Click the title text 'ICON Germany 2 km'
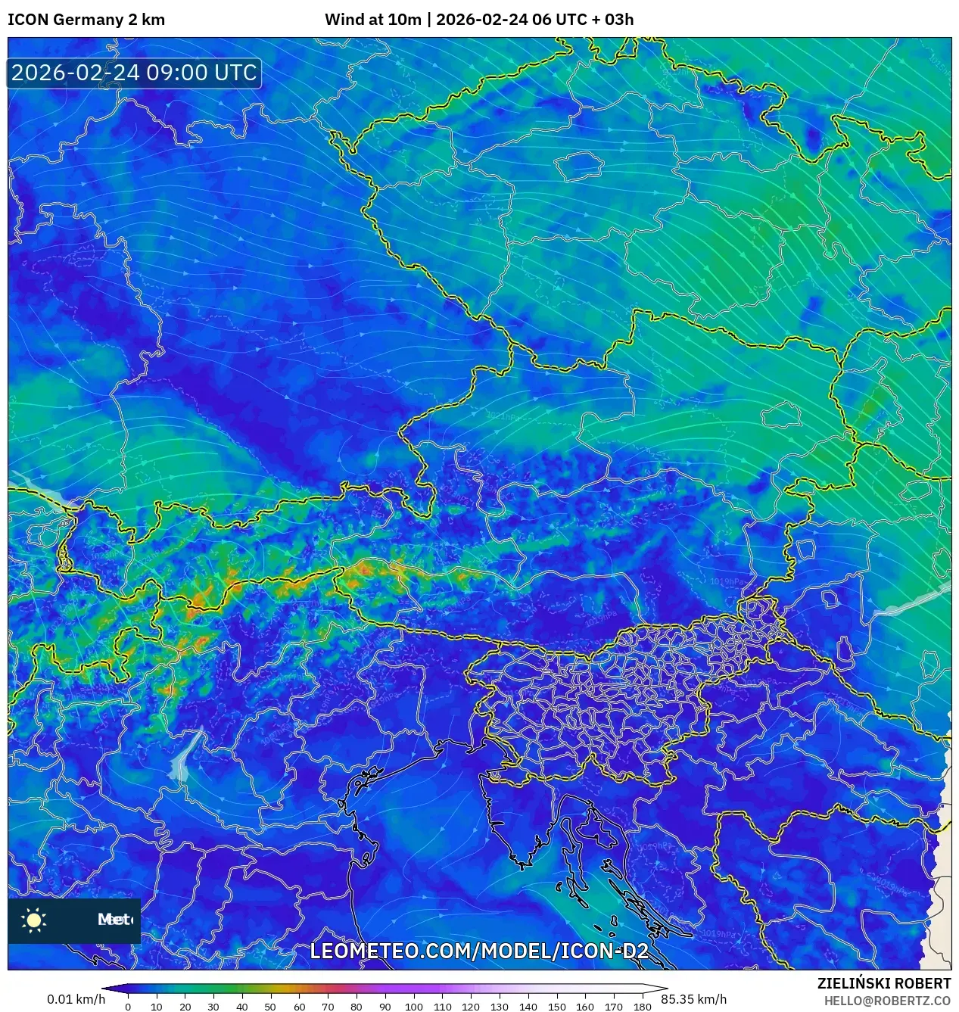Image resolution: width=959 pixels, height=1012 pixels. click(x=86, y=20)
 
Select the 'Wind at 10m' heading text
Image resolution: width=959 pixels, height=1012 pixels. click(x=372, y=20)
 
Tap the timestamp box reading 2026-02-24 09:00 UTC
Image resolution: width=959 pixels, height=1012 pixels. click(x=134, y=73)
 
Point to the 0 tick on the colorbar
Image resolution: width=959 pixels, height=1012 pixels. click(x=128, y=1006)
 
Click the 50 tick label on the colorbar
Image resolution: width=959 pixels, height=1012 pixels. click(x=270, y=1006)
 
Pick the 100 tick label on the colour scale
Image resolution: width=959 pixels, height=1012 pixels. click(x=413, y=1006)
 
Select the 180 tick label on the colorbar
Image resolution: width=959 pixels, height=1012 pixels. click(x=642, y=1006)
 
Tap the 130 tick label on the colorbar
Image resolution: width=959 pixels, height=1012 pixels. click(x=499, y=1006)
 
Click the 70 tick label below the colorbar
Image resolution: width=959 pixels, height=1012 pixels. click(x=328, y=1006)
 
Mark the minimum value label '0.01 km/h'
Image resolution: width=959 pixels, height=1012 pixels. click(x=76, y=999)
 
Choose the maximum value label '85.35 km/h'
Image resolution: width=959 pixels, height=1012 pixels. click(x=693, y=999)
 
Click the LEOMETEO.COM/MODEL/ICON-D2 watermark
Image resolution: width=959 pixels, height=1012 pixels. click(x=479, y=951)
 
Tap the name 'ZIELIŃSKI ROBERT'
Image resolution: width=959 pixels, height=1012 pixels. click(x=883, y=983)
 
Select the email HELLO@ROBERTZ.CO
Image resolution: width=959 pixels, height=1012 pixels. click(x=887, y=1001)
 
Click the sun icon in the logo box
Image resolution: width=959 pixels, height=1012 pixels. click(x=34, y=920)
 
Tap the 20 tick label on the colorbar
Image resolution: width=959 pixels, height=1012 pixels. click(x=185, y=1006)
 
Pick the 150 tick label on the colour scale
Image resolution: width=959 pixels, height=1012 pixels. click(x=556, y=1006)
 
